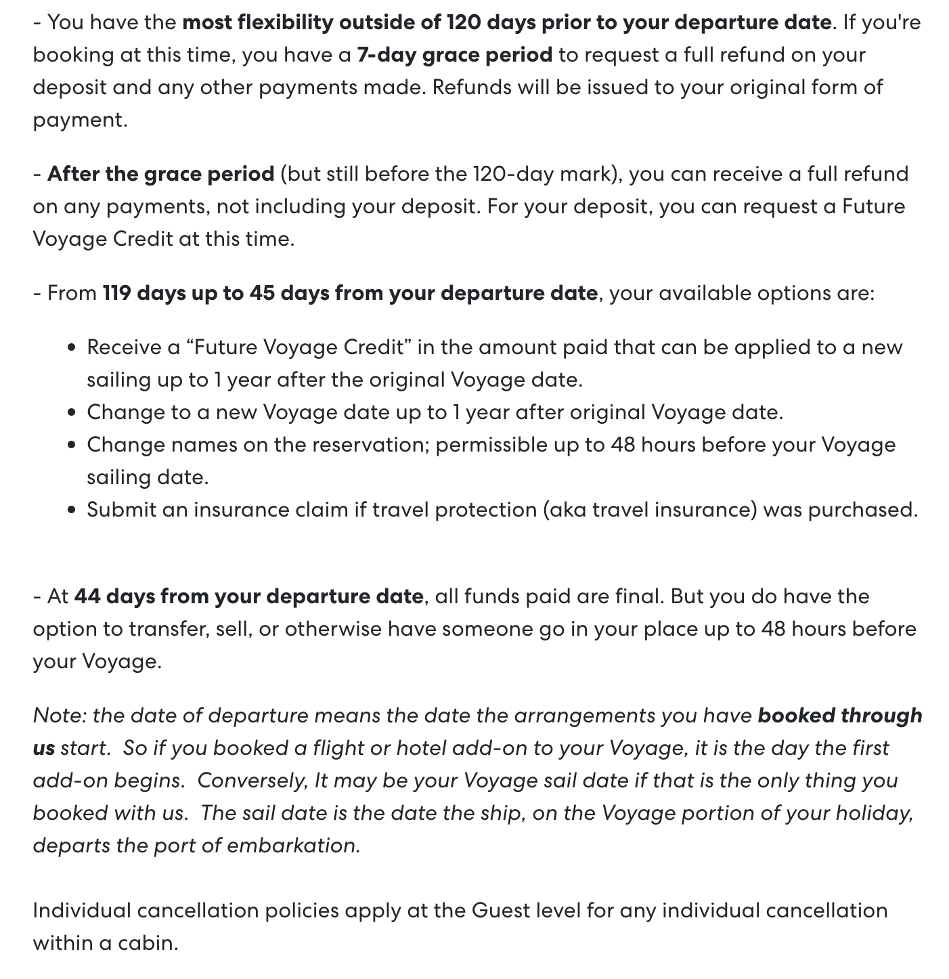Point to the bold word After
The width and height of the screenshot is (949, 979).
pyautogui.click(x=74, y=174)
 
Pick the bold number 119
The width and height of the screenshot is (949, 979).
pyautogui.click(x=116, y=293)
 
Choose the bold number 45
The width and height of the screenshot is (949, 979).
pyautogui.click(x=262, y=293)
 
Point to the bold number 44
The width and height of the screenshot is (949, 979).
pyautogui.click(x=87, y=596)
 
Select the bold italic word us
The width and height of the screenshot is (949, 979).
pyautogui.click(x=43, y=748)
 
